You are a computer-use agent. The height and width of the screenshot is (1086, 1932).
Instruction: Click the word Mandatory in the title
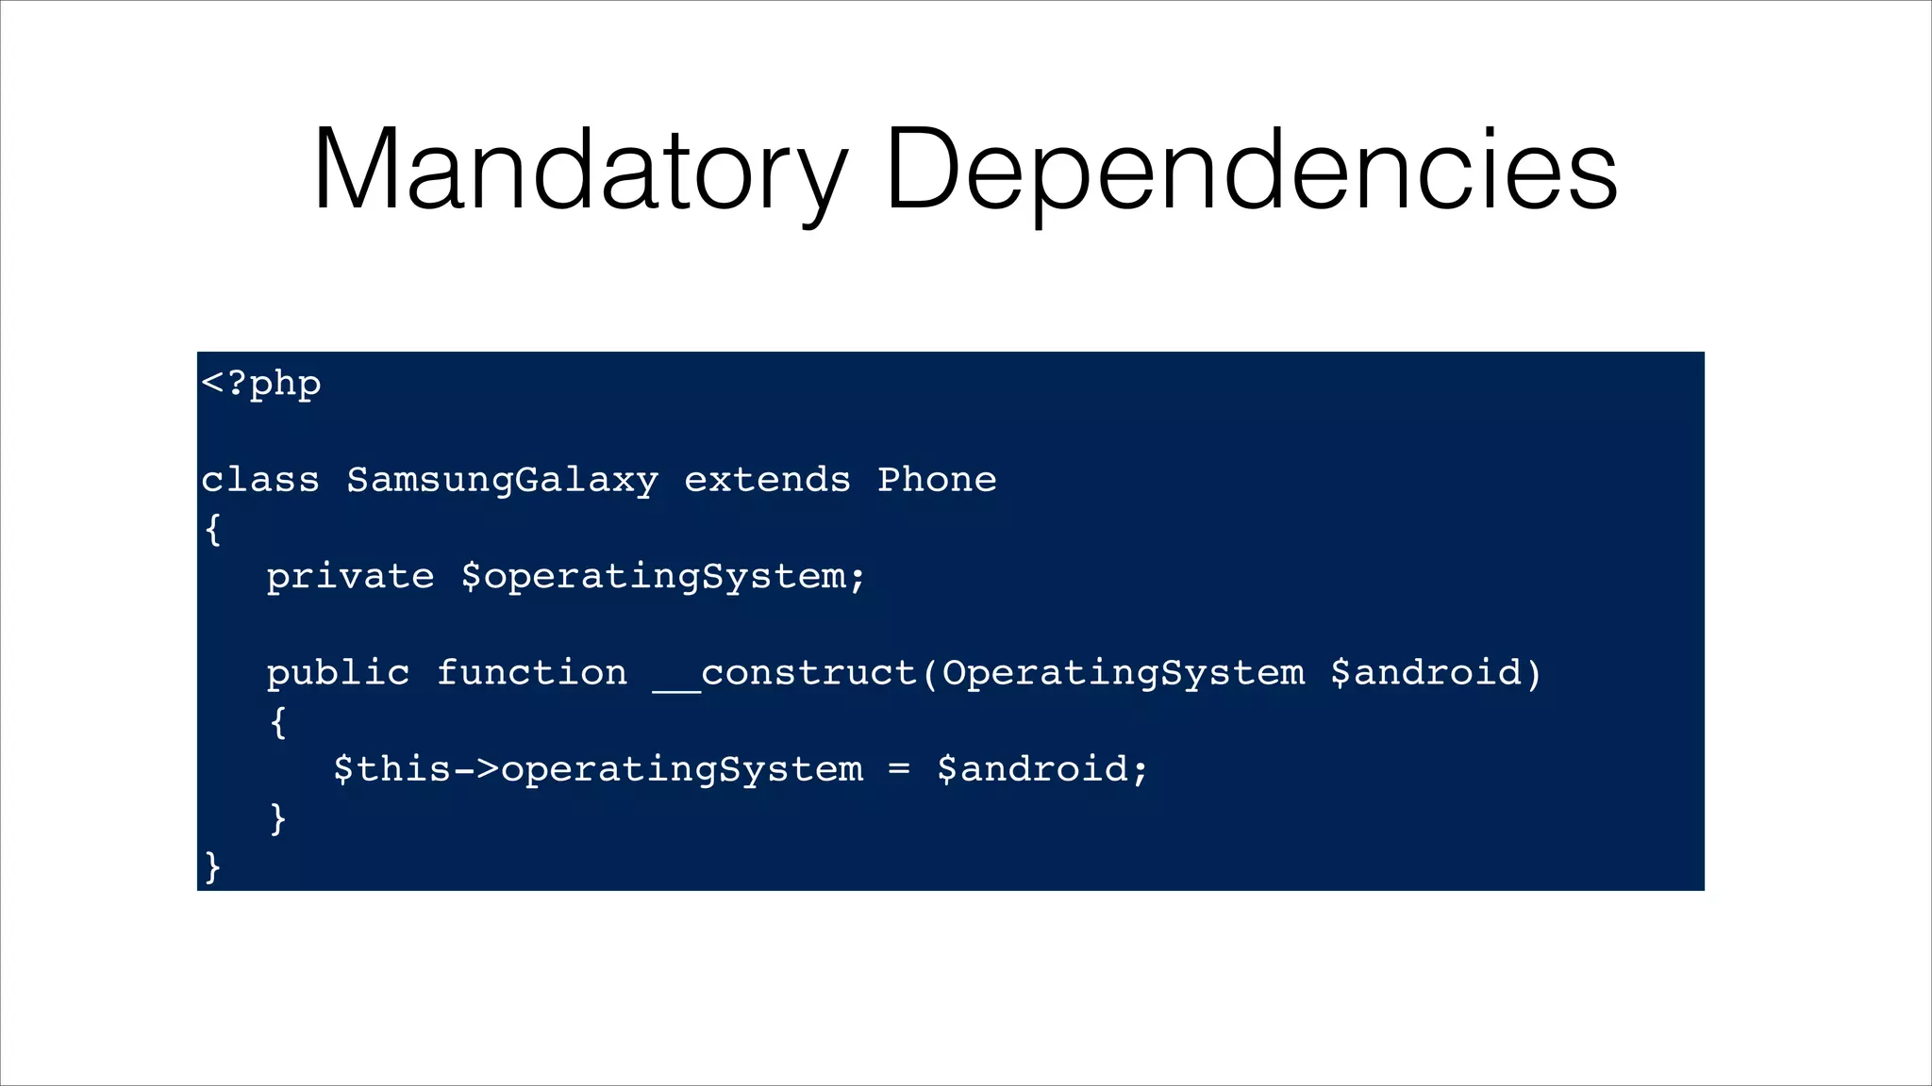579,170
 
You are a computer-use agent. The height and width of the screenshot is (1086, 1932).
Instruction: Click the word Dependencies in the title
1252,170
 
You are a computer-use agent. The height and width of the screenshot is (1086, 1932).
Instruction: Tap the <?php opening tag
261,384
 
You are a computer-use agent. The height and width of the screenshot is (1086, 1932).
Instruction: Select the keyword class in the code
260,480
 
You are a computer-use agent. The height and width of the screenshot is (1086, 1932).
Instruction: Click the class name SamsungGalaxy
502,480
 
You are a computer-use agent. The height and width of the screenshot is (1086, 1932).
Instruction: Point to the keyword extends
767,480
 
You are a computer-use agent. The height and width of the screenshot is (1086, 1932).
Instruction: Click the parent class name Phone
937,480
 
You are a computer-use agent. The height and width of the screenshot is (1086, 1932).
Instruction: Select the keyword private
350,577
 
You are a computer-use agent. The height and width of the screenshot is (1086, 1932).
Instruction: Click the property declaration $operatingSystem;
663,577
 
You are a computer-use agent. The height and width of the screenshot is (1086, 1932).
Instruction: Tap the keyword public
338,673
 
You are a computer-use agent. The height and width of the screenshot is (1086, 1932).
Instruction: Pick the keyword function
531,673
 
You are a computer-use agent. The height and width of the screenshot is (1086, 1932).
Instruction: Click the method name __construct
785,673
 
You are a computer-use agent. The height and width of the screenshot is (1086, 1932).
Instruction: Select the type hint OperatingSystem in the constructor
1123,673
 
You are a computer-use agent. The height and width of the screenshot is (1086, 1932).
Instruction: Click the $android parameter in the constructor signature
1426,673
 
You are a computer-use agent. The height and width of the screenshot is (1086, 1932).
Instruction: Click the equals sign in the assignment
899,769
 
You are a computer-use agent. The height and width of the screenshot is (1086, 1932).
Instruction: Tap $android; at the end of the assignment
1042,769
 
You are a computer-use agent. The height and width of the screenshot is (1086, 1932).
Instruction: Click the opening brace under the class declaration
213,529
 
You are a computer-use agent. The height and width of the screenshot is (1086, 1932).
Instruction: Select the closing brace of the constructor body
277,818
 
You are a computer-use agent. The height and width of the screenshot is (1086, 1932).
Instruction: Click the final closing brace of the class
213,866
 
